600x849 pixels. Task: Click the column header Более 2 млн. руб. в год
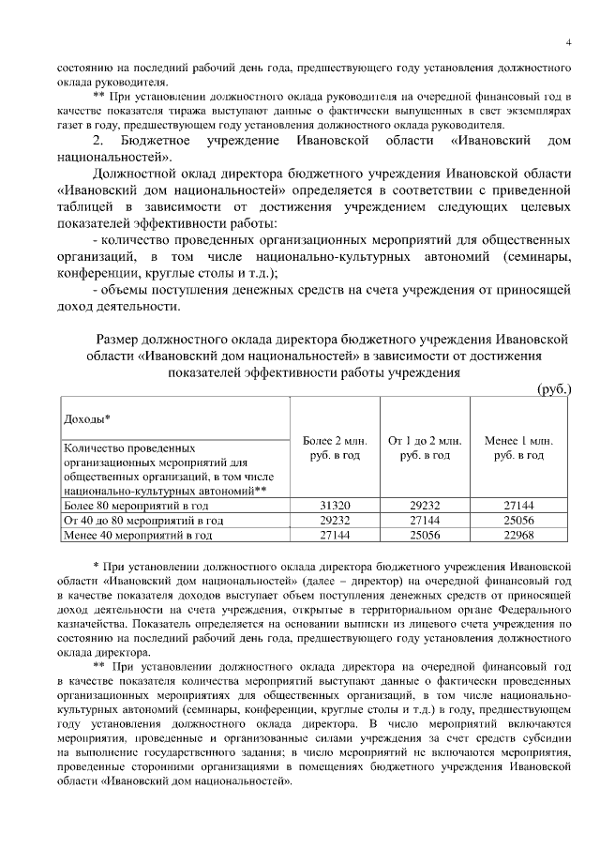(335, 447)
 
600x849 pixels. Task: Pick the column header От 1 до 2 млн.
(425, 440)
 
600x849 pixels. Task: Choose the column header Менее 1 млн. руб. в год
(517, 447)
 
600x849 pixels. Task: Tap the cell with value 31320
(335, 504)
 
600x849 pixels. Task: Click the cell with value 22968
(517, 536)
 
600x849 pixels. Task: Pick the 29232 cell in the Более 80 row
(425, 504)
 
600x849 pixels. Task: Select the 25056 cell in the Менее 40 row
(425, 536)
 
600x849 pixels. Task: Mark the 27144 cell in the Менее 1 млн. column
(517, 504)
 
